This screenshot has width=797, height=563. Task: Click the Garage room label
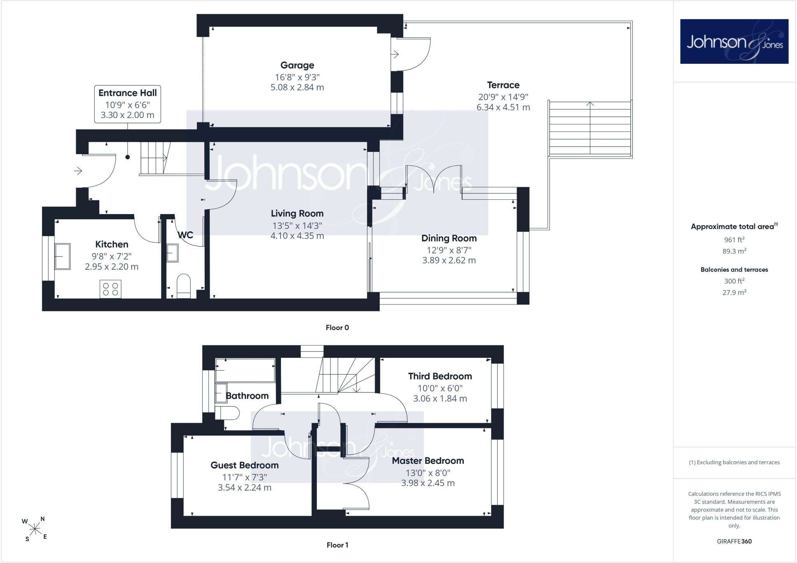coord(297,65)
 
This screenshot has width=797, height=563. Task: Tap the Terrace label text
coord(503,85)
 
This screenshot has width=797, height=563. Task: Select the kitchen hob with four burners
coord(111,289)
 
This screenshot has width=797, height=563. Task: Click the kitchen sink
coord(63,256)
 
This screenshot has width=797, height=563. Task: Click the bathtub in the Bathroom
coord(245,370)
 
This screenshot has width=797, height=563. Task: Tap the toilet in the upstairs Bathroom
coord(227,413)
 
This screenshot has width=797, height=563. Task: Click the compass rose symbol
coord(35,529)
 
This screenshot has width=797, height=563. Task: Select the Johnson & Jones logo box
coord(734,41)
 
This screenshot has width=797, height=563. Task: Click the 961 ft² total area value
coord(734,240)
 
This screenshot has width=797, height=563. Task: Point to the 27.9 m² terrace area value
coord(734,292)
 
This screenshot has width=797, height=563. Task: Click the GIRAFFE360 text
coord(734,541)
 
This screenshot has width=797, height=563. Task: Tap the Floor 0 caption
coord(337,327)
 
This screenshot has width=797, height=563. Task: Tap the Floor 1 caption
coord(337,545)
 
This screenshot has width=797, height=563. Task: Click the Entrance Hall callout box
coord(128,104)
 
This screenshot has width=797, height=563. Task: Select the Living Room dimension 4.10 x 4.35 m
coord(297,236)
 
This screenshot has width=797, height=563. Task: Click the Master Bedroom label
coord(428,461)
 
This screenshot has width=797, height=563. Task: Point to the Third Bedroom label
coord(440,376)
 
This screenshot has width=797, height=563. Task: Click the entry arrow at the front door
coord(78,171)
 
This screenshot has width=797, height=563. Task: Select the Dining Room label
coord(449,238)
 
